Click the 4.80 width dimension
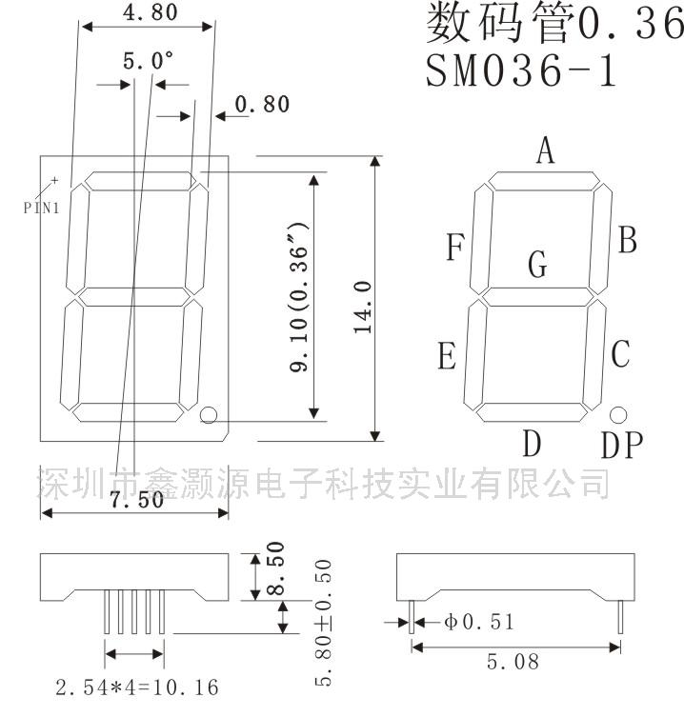pos(151,11)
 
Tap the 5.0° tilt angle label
pos(148,60)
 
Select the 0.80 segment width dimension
pos(262,104)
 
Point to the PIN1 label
pos(42,209)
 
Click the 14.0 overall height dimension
pos(363,307)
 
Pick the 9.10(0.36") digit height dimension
pos(299,297)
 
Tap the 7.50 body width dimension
pos(137,499)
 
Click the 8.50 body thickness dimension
pos(275,568)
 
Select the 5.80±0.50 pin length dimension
pos(323,623)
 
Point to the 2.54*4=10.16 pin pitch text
pos(137,687)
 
